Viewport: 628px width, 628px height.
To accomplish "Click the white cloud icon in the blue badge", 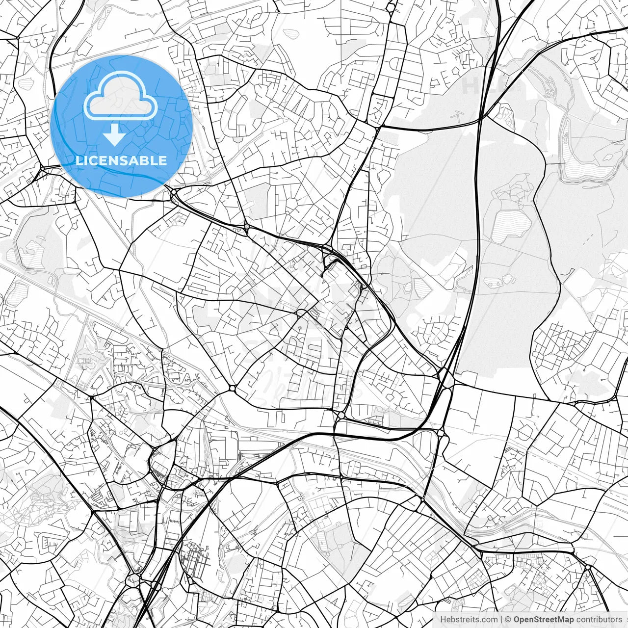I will click(x=120, y=96).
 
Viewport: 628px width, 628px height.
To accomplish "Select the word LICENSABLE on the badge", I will click(x=121, y=160).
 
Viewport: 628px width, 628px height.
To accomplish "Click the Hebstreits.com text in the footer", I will click(x=469, y=620).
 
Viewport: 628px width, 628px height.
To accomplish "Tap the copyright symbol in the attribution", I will click(x=508, y=620).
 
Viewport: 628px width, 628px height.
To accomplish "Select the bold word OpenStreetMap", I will click(x=543, y=620).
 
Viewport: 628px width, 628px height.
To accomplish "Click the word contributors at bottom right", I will click(x=599, y=620).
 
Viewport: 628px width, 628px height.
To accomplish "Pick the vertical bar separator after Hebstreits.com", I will click(x=501, y=620).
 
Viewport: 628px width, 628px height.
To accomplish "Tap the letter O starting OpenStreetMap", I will click(x=517, y=620).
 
